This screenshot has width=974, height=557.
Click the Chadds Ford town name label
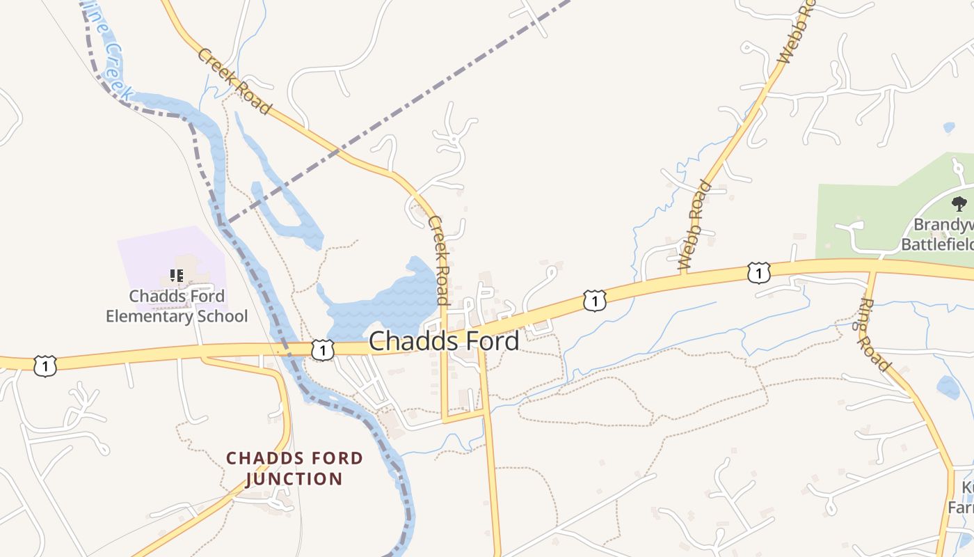click(443, 341)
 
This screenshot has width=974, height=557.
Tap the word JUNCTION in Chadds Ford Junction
click(294, 479)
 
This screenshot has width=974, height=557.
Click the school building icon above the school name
click(177, 276)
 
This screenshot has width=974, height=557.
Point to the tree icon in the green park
click(959, 204)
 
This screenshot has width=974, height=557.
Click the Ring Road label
click(875, 335)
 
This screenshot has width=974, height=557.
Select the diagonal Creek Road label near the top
click(234, 81)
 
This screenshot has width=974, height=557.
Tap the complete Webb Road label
click(695, 226)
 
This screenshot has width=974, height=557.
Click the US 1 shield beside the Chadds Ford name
click(323, 350)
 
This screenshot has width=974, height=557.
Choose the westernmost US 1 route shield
click(45, 365)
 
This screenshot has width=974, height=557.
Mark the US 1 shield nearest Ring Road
click(758, 273)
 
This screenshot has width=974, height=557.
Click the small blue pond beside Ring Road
click(948, 387)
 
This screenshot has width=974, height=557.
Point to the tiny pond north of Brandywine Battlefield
click(949, 127)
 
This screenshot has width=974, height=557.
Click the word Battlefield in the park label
click(936, 244)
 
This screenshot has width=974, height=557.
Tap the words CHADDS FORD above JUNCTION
click(294, 458)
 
